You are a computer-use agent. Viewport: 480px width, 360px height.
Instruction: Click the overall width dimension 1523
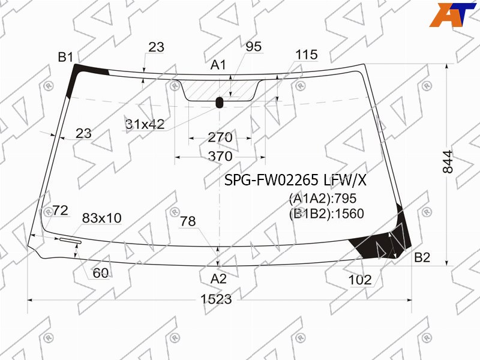216,299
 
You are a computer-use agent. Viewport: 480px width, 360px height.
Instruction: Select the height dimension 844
448,161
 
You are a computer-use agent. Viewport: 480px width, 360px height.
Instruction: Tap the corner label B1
66,57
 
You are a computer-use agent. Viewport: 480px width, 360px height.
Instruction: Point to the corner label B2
422,257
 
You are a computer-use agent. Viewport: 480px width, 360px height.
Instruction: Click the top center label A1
218,65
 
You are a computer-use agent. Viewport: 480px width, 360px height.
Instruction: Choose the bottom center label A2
218,279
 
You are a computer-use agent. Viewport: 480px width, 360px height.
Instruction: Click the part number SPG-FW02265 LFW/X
295,181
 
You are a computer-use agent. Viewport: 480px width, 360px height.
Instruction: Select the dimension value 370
220,157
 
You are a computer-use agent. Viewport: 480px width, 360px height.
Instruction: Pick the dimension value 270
220,137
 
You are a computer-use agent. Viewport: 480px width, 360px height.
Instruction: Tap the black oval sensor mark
220,103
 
